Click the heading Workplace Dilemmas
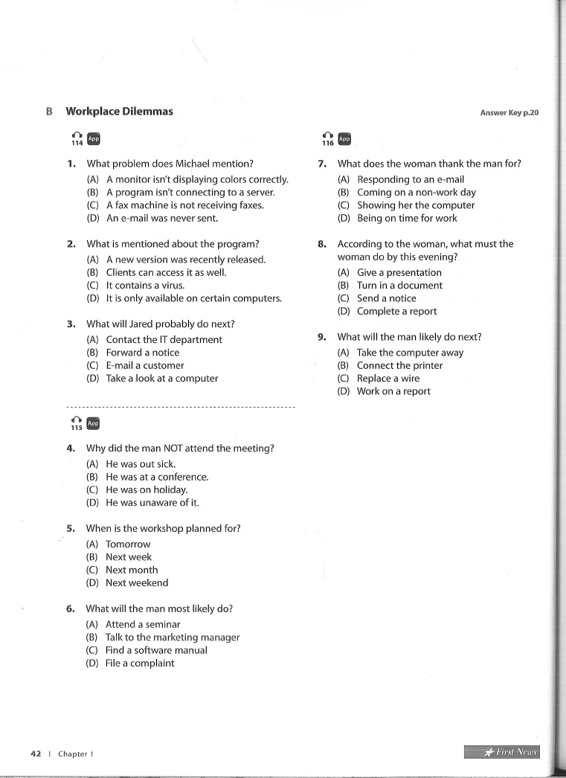119,112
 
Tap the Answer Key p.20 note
509,113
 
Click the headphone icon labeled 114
77,139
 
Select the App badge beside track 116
344,139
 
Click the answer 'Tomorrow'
128,544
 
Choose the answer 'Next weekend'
137,583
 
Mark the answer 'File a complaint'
140,663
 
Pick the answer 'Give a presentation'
399,273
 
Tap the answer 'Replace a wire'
388,379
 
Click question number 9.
322,337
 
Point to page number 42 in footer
36,753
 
